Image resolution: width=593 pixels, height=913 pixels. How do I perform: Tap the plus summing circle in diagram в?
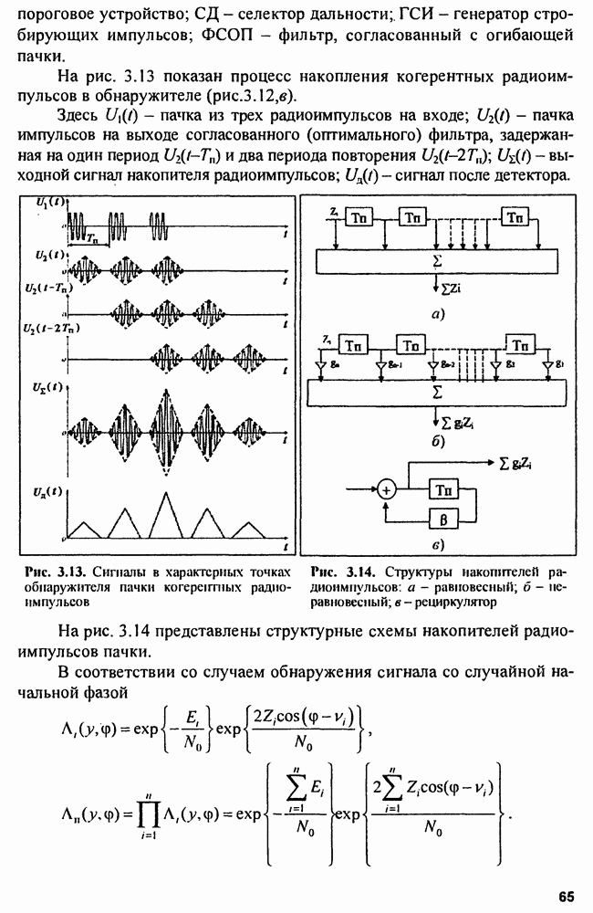(387, 491)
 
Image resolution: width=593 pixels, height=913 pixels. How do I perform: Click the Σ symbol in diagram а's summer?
(441, 260)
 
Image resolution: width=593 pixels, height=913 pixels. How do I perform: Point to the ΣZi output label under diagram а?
(444, 289)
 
